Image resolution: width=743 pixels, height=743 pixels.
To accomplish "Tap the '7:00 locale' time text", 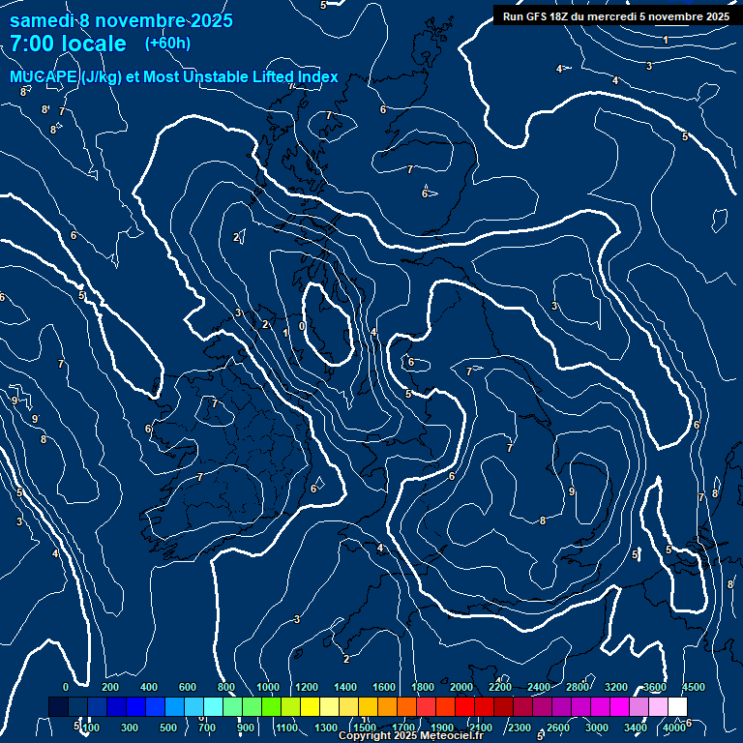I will pos(68,44).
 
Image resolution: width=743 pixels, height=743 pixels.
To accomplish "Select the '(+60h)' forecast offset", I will pos(167,43).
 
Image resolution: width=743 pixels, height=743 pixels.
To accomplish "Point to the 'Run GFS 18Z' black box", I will pos(615,15).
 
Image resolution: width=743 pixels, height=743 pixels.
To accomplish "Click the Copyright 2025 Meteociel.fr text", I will pos(410,736).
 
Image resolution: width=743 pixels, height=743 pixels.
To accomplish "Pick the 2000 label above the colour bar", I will pos(461,687).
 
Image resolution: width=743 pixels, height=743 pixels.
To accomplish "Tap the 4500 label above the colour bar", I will pos(693,687).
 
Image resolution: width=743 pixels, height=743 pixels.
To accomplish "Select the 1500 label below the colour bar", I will pos(365,728).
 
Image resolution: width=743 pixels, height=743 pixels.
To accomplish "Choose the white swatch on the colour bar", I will pos(677,707).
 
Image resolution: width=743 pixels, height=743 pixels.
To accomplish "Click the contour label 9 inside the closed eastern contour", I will pos(572,492).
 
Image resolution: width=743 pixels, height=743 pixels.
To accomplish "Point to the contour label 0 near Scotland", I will pos(302,326).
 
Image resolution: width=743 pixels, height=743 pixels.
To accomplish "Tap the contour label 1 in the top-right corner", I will pos(666,40).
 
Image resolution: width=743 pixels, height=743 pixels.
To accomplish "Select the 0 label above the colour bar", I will pos(66,687).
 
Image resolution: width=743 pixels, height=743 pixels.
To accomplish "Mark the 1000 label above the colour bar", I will pos(268,687).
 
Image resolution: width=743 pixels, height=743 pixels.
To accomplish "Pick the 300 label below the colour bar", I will pos(131,728).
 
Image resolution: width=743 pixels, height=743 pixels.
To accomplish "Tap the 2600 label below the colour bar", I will pos(558,728).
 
